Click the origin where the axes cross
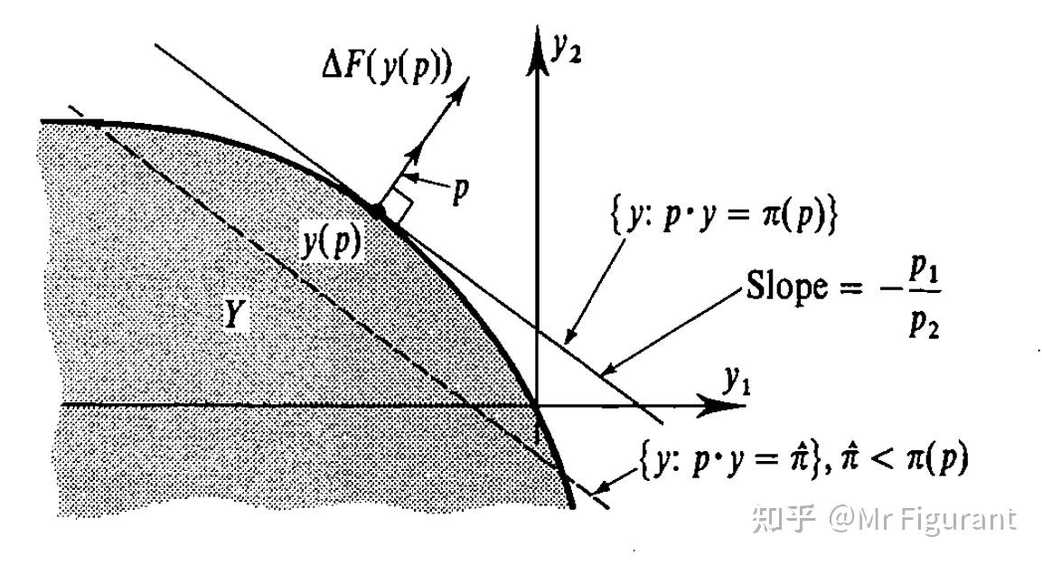[539, 405]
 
